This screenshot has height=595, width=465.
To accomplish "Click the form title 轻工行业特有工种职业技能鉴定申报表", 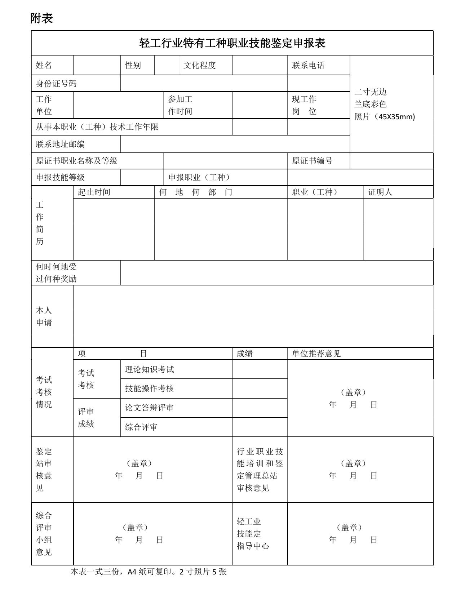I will pos(232,43).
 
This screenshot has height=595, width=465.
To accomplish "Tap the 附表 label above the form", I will pos(42,18).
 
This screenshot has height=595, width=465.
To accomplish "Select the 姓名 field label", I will pos(44,65).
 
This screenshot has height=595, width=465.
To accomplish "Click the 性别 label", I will pos(133,65).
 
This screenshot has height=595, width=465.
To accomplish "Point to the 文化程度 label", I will pos(199,65).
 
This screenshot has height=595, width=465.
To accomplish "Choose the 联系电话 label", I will pos(308,65).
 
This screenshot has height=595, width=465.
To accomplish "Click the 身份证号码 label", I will pos(56,84).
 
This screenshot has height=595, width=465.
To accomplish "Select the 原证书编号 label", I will pos(312,161).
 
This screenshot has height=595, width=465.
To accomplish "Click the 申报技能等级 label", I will pos(60,177).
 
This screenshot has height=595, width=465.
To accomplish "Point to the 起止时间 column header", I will pos(94,192).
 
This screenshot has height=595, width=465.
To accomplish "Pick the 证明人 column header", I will pos(380,192).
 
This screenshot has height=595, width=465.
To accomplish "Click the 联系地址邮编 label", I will pos(60,144).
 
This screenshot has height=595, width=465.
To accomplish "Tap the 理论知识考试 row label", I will pos(149,369).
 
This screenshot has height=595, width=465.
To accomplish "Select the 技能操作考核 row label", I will pos(149,388).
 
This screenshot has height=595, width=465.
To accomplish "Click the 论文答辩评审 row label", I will pos(149,408).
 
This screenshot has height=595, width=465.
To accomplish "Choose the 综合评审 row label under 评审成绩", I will pos(141,427).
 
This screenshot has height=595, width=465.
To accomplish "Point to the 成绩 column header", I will pos(245,354).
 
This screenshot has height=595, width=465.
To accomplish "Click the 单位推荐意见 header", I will pos(316,354).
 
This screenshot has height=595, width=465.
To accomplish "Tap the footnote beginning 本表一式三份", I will pos(148,572).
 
